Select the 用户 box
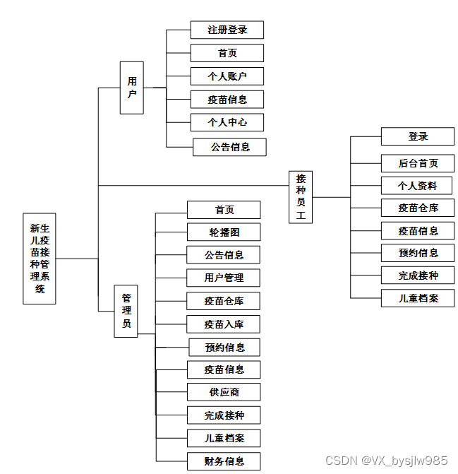coord(131,88)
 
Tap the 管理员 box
coord(126,311)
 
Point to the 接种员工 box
coord(301,197)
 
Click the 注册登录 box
coord(227,30)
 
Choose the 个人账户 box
coord(227,76)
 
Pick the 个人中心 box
coord(227,122)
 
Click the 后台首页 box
coord(417,163)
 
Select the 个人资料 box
coord(417,186)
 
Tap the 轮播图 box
coord(224,232)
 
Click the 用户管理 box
coord(224,278)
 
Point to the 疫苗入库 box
coord(224,324)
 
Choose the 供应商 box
coord(224,392)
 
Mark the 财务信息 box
coord(224,461)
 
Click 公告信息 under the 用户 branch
coord(229,147)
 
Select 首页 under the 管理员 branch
coord(224,210)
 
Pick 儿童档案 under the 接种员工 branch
coord(417,297)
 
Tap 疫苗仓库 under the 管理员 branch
coord(224,301)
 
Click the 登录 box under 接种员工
coord(417,136)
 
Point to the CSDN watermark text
coord(385,461)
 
